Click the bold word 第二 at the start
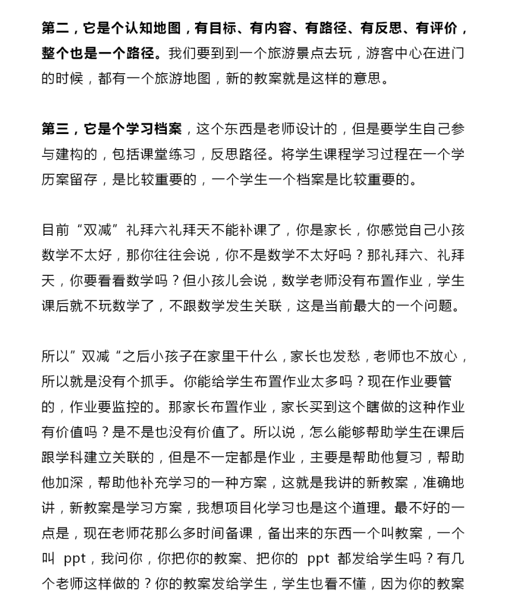56,29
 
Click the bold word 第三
56,129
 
